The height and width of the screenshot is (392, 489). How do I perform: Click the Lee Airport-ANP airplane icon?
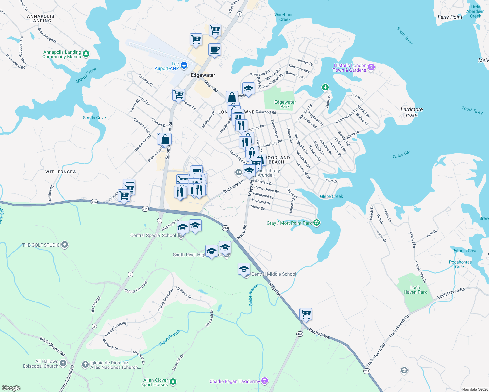pos(184,66)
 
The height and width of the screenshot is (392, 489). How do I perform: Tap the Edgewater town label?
pos(203,75)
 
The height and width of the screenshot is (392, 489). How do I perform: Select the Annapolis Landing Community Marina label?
pos(62,54)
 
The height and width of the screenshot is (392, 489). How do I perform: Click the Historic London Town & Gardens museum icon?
pos(371,68)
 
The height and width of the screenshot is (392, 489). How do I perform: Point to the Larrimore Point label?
pos(412,112)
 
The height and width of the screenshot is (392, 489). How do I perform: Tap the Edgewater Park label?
pos(285,104)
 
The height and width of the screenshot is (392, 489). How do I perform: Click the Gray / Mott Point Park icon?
pos(316,223)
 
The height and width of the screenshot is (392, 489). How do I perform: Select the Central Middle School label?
pos(273,274)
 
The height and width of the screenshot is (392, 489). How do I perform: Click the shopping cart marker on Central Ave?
pos(306,314)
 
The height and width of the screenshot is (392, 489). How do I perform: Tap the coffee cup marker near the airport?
pos(214,50)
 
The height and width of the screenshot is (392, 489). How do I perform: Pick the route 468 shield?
pos(300,334)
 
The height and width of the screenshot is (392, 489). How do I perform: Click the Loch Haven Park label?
pos(415,290)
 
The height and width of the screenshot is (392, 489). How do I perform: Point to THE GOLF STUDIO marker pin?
pos(65,244)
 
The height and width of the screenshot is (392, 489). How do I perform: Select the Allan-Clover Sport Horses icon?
pos(173,382)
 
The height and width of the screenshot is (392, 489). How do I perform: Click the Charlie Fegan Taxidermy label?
pos(234,381)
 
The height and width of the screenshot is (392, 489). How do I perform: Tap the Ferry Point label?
pos(450,17)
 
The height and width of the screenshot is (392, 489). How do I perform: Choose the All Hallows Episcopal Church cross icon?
pos(63,363)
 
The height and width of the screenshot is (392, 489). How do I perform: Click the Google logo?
pos(11,388)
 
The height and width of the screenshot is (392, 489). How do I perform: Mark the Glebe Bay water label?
pos(401,155)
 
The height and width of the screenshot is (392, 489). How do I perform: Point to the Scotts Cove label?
pos(94,118)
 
